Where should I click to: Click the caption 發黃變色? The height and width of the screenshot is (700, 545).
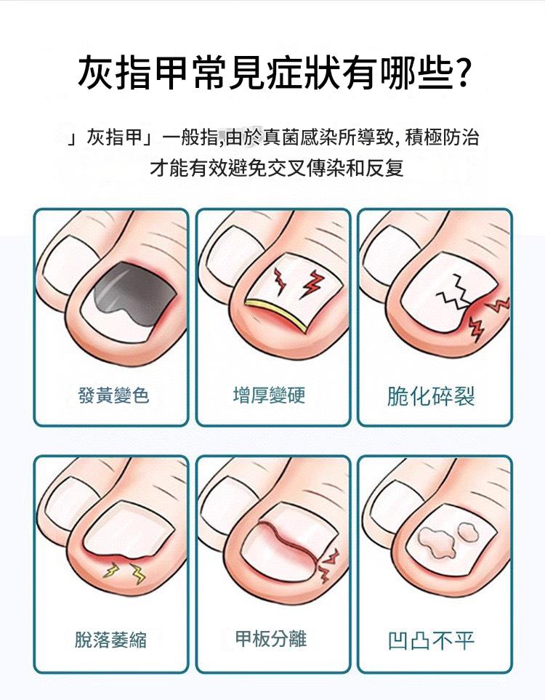(x=113, y=395)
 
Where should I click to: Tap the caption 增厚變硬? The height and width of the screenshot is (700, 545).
(x=269, y=395)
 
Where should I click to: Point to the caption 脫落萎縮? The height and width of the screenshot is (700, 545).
(x=110, y=640)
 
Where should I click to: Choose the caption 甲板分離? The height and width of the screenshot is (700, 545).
(x=271, y=638)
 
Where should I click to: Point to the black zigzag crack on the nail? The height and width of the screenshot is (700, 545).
(x=456, y=293)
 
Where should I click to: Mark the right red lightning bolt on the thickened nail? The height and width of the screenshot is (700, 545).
(x=313, y=283)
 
